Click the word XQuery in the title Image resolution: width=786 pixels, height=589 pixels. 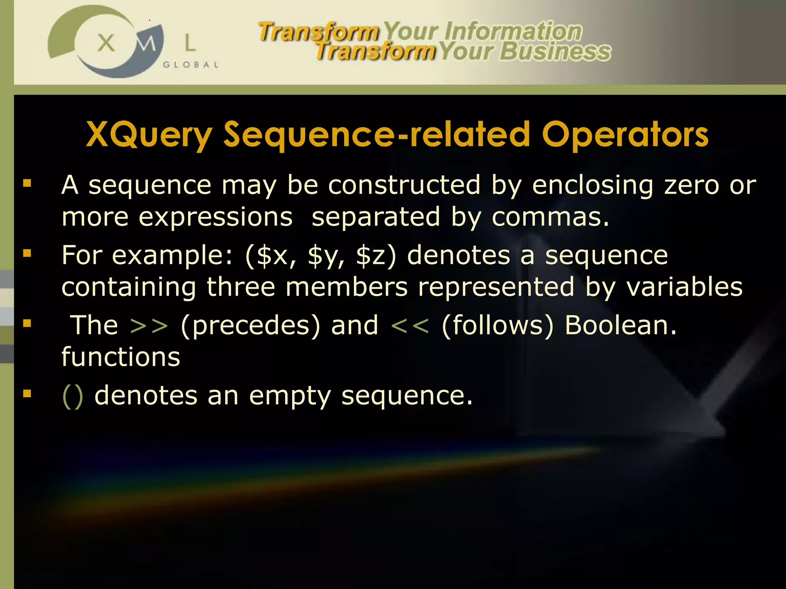coord(149,135)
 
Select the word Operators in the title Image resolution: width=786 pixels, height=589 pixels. coord(625,135)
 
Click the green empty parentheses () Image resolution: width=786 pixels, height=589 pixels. coord(73,396)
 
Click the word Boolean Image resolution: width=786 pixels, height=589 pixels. coord(620,325)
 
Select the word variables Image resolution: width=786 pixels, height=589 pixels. coord(685,288)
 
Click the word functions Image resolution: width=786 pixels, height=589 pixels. coord(121,357)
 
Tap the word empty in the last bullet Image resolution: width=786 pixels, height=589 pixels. coord(290,397)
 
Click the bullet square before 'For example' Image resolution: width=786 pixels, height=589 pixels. coord(27,253)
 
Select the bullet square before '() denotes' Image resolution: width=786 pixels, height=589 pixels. coord(27,393)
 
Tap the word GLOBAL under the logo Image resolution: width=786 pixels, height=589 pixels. coord(191,65)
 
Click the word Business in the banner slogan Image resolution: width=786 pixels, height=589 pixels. coord(555,52)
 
